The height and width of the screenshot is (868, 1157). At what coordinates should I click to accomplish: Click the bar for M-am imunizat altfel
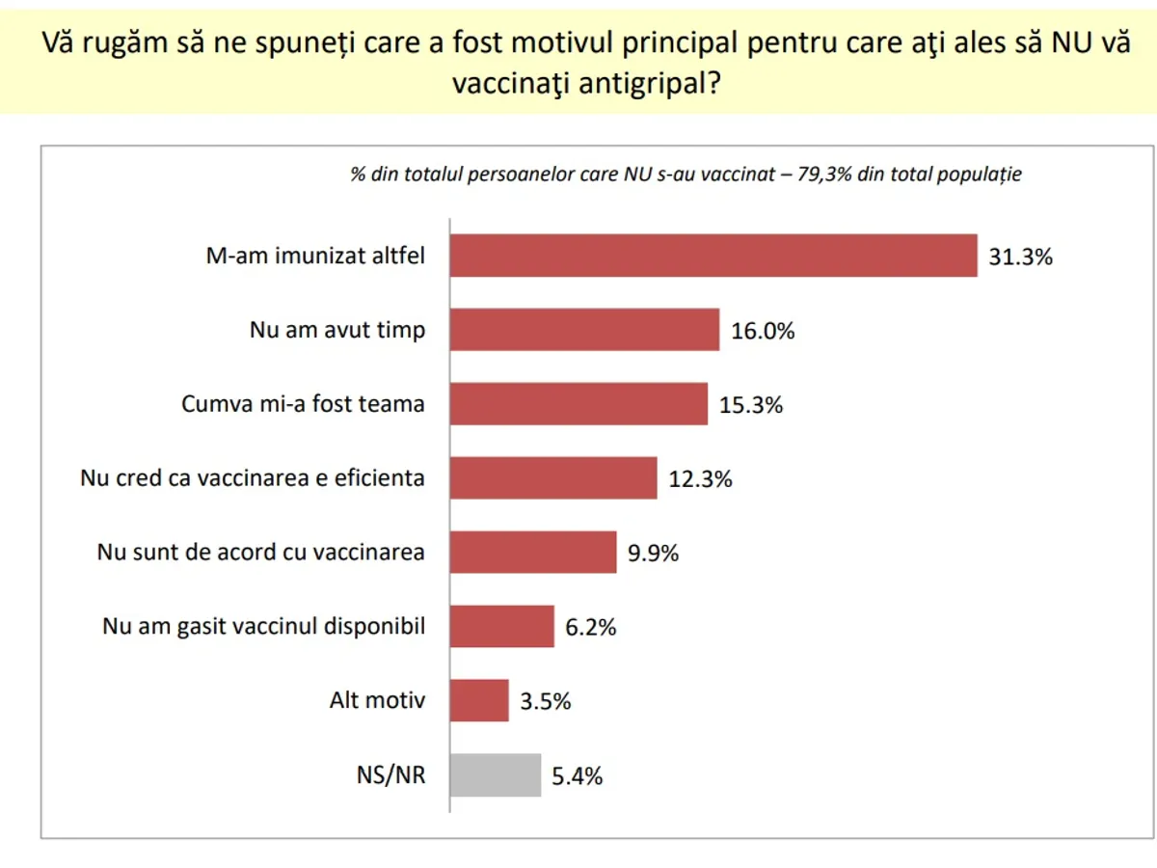pos(713,256)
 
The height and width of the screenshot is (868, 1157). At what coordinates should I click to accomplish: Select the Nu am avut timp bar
pos(584,330)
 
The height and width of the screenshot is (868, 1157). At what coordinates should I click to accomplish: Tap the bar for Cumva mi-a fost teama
pos(578,404)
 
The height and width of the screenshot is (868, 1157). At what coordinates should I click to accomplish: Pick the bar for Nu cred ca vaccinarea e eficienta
pos(553,478)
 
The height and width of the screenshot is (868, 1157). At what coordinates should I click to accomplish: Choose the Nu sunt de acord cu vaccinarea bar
pos(533,553)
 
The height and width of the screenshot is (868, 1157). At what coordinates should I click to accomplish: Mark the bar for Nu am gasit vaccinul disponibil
pos(502,627)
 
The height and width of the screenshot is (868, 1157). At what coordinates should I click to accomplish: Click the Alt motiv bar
pos(479,701)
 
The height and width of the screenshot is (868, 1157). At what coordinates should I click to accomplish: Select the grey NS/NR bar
pos(496,775)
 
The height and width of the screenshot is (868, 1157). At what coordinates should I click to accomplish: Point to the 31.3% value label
pos(1020,258)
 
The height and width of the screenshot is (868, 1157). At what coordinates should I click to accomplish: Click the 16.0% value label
pos(763,332)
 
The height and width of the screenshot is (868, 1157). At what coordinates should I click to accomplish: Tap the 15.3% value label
pos(751,405)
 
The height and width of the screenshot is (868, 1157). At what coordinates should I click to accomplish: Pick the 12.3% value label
pos(701,479)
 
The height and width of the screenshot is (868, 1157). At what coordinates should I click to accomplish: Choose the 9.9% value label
pos(653,554)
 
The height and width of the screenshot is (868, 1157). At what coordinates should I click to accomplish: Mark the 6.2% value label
pos(590,628)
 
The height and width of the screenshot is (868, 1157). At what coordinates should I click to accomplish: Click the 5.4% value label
pos(577,776)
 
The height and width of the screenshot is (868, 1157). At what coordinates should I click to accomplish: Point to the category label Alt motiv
pos(377,700)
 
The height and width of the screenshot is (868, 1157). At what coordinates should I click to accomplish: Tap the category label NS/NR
pos(390,775)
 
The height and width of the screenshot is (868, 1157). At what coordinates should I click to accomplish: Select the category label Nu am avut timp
pos(337,330)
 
